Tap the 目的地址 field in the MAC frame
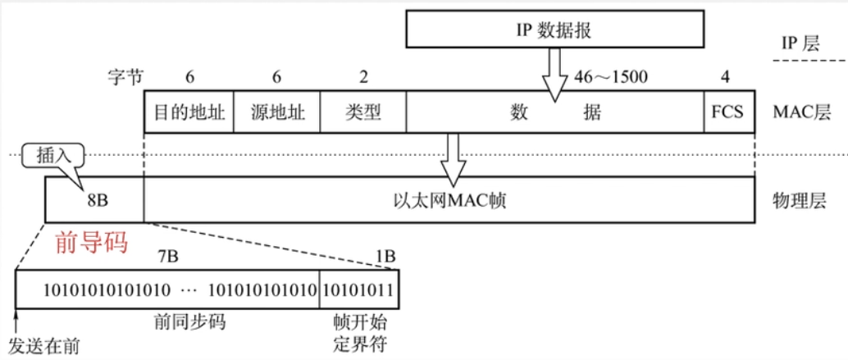tap(189, 112)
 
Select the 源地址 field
tap(277, 112)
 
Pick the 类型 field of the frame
tap(363, 112)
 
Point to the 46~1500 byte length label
tap(610, 78)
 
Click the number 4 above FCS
tap(725, 77)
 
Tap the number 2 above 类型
tap(363, 77)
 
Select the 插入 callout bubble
tap(53, 156)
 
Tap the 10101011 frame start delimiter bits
tap(360, 289)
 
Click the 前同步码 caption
tap(189, 323)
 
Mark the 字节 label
tap(125, 77)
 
